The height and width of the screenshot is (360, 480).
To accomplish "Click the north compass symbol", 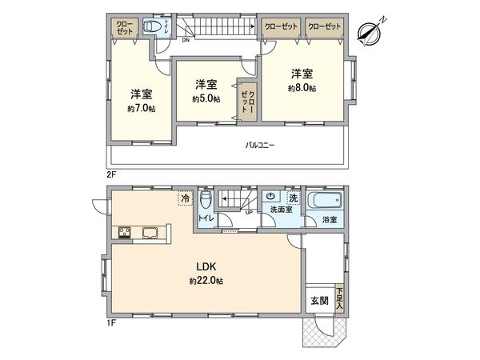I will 370,31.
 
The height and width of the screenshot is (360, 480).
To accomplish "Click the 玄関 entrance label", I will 318,302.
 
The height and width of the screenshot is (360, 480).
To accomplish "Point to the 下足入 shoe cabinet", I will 340,300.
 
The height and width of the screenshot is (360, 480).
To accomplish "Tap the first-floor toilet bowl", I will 206,198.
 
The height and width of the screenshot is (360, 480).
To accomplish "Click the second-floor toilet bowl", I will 150,26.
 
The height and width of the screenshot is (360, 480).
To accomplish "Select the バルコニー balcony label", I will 260,146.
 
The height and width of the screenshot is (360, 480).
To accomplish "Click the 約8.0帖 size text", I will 301,87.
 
